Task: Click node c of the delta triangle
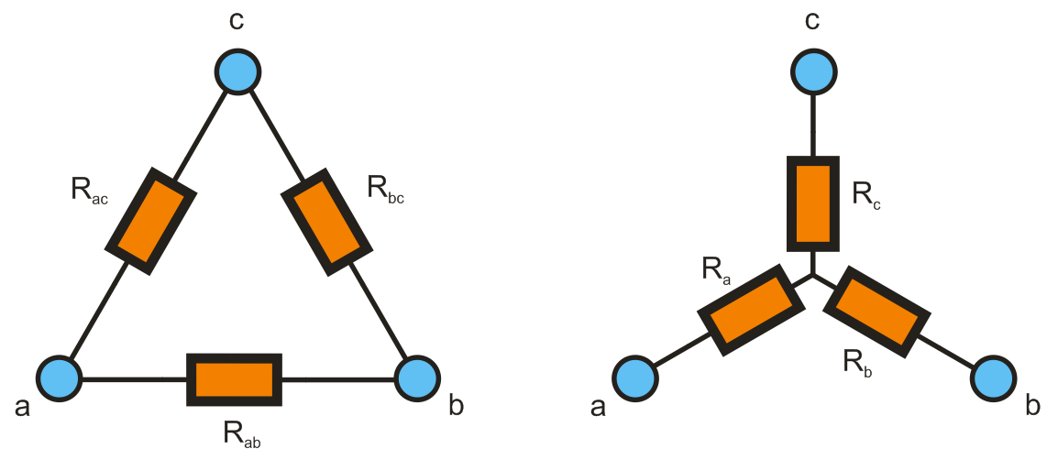click(x=238, y=70)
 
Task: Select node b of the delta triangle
click(x=419, y=378)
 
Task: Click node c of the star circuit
click(x=813, y=71)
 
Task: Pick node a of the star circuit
click(x=635, y=378)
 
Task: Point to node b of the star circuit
click(x=994, y=378)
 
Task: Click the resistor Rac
click(x=151, y=220)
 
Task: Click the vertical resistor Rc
click(x=813, y=203)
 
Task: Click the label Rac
click(x=89, y=191)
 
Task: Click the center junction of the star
click(x=813, y=274)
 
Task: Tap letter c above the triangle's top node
click(x=237, y=19)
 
